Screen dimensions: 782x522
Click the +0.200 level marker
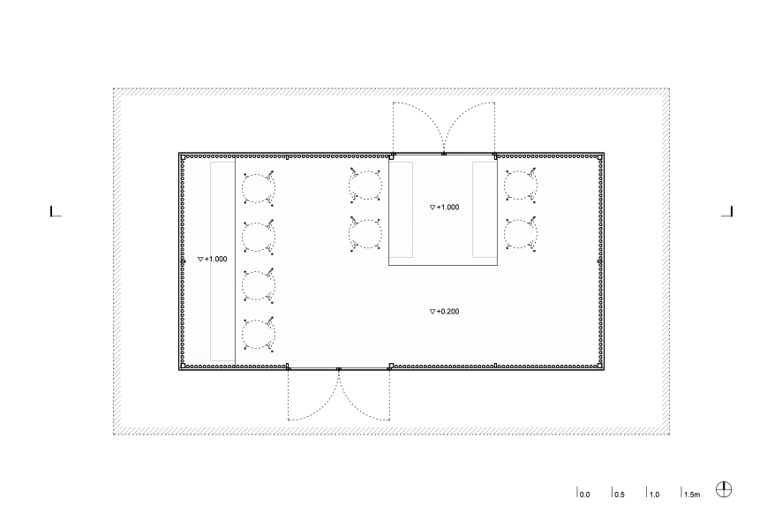[x=444, y=312]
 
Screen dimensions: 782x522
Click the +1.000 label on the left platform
[x=213, y=259]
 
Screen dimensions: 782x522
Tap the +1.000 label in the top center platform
[x=444, y=207]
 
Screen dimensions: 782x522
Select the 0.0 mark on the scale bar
[x=583, y=493]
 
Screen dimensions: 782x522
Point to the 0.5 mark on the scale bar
[x=619, y=493]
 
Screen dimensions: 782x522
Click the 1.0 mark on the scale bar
[x=653, y=493]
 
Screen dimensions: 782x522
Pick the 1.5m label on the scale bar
[x=691, y=493]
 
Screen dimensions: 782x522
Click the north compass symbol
[x=724, y=489]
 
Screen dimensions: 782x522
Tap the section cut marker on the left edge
[x=56, y=212]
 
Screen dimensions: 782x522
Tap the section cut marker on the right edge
[x=727, y=212]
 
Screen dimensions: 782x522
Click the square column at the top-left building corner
[x=183, y=157]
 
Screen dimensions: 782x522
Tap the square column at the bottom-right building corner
[x=600, y=366]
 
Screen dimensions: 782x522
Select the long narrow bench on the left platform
[x=222, y=261]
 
